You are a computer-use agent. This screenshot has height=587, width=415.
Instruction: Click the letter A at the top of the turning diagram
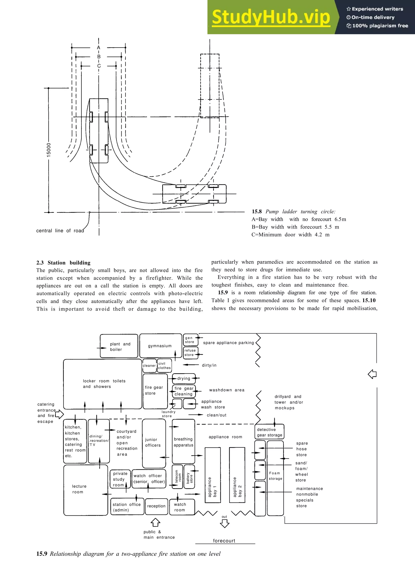[x=99, y=48]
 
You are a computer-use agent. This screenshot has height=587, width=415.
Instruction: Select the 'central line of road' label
[x=60, y=231]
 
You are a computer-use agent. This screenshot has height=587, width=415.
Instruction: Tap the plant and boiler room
[x=119, y=346]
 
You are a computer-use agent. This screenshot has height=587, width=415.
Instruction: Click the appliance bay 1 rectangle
[x=213, y=475]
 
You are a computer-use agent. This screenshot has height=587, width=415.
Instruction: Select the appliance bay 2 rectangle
[x=237, y=475]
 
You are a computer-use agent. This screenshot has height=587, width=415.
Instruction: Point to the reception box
[x=156, y=506]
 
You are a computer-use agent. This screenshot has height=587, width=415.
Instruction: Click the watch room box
[x=182, y=507]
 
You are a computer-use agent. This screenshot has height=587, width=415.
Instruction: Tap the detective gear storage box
[x=269, y=432]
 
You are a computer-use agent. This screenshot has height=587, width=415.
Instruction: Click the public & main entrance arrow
[x=155, y=523]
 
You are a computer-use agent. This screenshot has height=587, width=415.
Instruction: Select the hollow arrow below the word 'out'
[x=225, y=524]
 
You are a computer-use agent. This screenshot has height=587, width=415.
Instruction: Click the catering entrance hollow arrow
[x=60, y=414]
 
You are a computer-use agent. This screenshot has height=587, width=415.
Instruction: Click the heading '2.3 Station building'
[x=63, y=263]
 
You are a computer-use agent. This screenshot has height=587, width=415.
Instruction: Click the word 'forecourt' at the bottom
[x=224, y=541]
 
